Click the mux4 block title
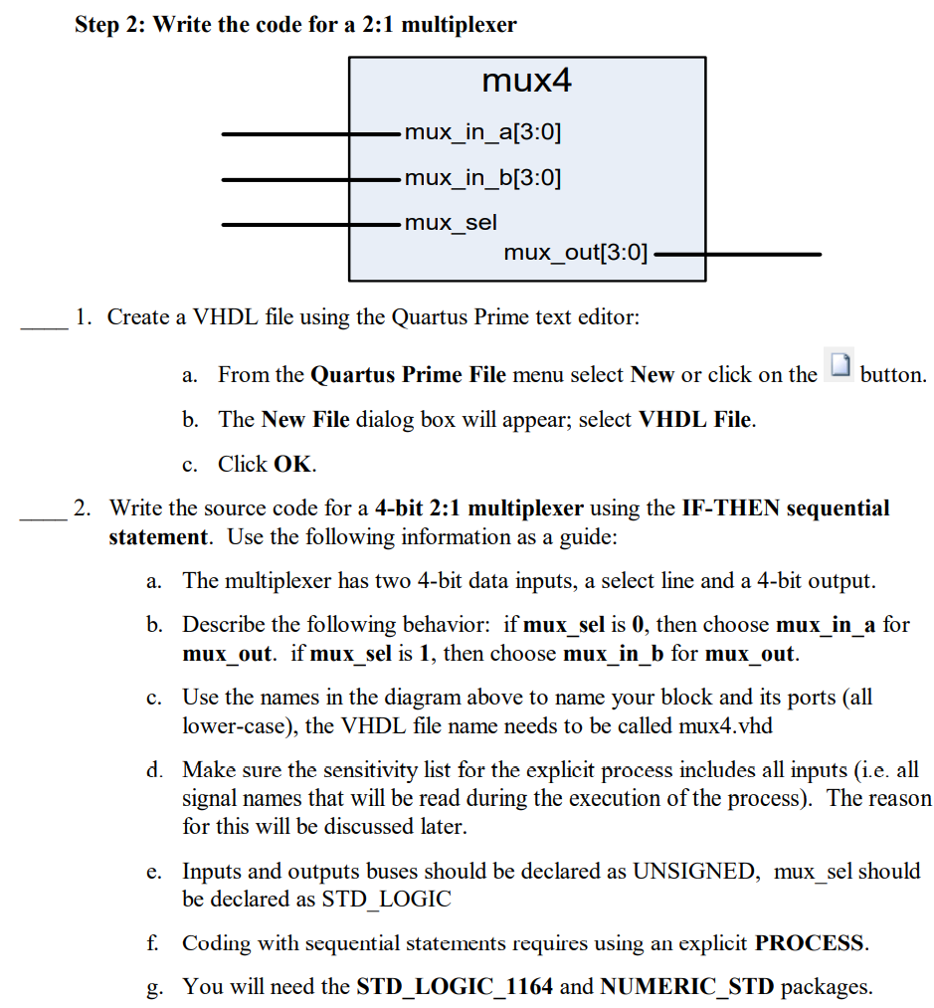click(x=526, y=80)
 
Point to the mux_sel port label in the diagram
click(x=451, y=223)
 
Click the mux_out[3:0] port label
click(x=575, y=253)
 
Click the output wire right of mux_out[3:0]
click(x=736, y=254)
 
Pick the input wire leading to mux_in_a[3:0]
click(x=309, y=132)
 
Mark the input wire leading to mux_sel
click(x=309, y=224)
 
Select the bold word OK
click(x=292, y=464)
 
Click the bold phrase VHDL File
click(x=695, y=419)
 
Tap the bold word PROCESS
click(x=811, y=942)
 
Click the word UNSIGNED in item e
click(x=694, y=872)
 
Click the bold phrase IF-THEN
click(x=730, y=508)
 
